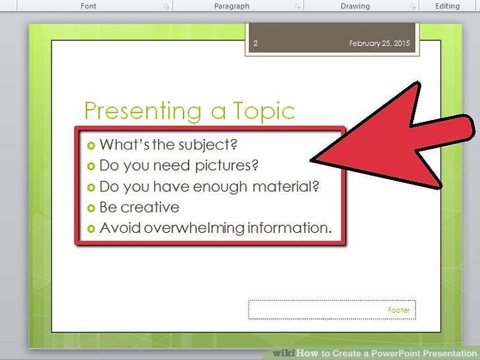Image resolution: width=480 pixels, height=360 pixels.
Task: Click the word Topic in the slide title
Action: point(264,111)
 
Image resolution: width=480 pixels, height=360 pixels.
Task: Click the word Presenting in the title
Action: point(143,111)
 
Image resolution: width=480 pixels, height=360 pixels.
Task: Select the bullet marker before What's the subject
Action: point(91,146)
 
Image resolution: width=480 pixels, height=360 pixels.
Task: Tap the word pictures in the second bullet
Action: point(227,166)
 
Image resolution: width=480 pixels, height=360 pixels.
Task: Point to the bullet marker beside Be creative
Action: point(91,208)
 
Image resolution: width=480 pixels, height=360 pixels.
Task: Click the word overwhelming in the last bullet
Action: point(194,227)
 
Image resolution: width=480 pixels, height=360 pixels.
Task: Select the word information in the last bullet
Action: point(289,227)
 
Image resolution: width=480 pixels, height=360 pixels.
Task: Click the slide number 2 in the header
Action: point(256,43)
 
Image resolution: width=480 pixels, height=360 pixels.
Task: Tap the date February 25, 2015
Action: point(379,43)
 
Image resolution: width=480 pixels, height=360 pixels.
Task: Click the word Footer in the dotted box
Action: point(399,310)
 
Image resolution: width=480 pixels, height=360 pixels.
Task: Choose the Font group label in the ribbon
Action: point(88,6)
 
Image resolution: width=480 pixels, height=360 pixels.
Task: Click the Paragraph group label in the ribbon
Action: point(231,6)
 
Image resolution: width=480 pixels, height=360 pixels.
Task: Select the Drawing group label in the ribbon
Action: point(355,6)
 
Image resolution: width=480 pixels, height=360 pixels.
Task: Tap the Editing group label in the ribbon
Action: point(447,6)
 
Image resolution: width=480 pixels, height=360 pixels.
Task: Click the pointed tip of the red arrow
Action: point(311,160)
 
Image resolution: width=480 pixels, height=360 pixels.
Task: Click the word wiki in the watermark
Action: point(284,353)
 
